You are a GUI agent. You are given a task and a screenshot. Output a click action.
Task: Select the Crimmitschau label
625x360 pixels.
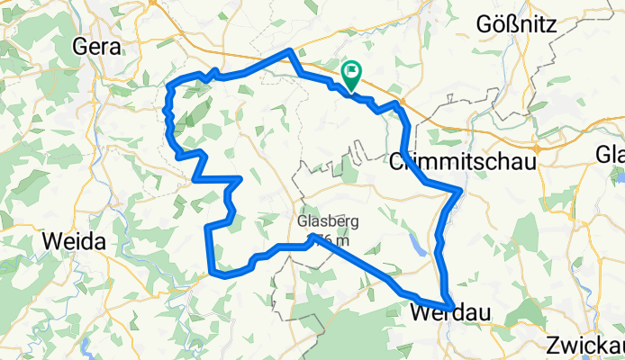[x=463, y=162]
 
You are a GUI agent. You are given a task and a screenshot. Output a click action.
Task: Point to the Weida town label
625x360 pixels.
[x=73, y=241]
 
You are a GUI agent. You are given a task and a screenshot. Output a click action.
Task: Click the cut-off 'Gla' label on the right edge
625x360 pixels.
[x=611, y=154]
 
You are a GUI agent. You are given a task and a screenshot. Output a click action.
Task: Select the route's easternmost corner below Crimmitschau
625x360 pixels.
[x=460, y=190]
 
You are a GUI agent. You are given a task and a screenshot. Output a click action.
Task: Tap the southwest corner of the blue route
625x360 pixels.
[x=212, y=270]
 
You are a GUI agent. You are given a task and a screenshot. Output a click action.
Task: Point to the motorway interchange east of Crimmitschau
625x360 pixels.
[x=537, y=147]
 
